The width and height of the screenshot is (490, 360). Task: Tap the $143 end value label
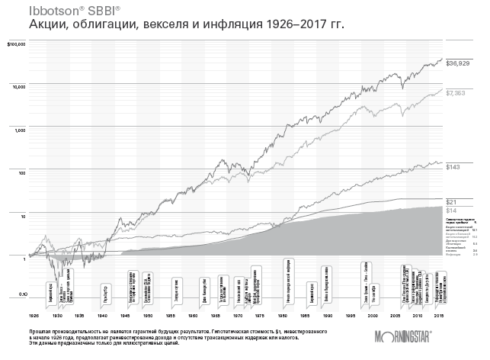click(452, 166)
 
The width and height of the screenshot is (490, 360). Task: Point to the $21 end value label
click(450, 201)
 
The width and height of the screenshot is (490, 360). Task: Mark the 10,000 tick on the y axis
click(18, 87)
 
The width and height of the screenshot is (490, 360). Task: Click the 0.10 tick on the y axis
click(21, 294)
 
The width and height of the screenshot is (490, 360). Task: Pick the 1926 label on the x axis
click(33, 314)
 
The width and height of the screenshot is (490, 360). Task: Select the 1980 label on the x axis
click(282, 314)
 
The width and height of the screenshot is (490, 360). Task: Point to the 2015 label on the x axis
click(439, 314)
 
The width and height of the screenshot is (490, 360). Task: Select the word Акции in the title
click(47, 26)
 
